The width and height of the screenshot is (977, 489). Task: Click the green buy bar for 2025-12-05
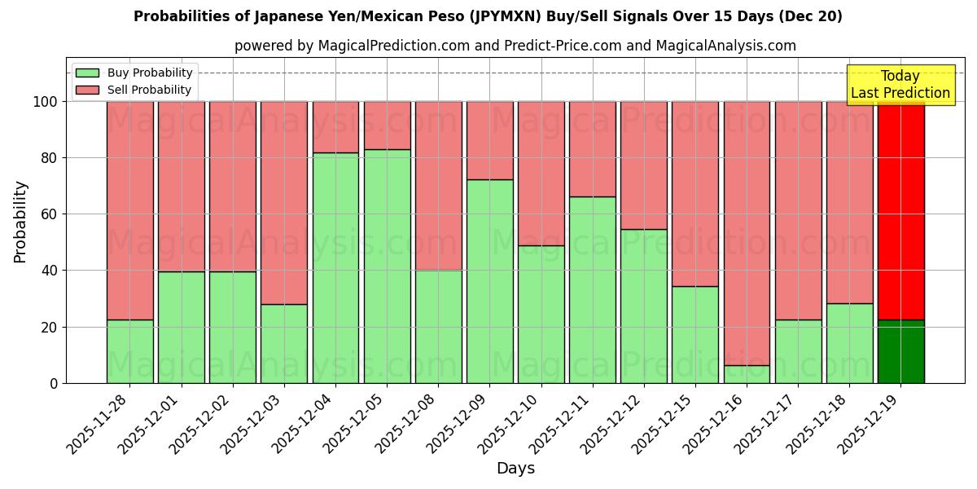(x=387, y=266)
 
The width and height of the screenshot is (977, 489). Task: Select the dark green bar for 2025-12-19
(x=900, y=351)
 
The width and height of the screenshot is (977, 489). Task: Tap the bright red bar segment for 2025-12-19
(x=900, y=210)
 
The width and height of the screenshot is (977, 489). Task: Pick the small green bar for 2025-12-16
(x=747, y=374)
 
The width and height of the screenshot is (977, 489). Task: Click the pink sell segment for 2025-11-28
(x=130, y=210)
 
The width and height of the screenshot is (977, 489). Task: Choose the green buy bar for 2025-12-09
(x=489, y=281)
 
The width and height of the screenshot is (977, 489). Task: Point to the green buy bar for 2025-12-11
(x=592, y=289)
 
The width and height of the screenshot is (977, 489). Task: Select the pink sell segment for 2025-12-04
(x=335, y=127)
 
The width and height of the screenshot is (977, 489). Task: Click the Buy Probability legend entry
(x=134, y=73)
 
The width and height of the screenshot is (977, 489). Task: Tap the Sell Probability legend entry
(x=134, y=90)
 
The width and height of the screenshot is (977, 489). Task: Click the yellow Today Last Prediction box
(x=900, y=85)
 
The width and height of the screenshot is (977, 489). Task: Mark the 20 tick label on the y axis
(x=50, y=327)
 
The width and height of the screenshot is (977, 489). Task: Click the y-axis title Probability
(x=20, y=222)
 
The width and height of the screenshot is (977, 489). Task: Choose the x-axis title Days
(x=515, y=469)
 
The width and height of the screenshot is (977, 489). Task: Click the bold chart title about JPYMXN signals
(x=488, y=16)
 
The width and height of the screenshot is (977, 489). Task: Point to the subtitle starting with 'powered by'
(x=515, y=46)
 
